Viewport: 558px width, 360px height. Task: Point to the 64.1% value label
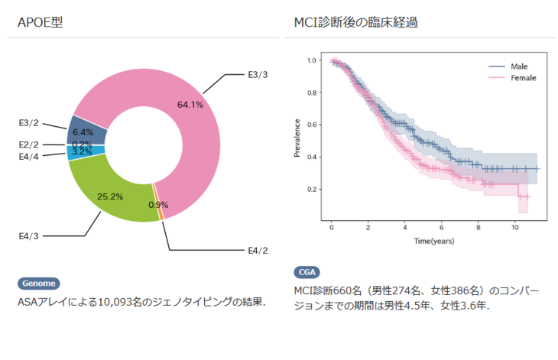190,105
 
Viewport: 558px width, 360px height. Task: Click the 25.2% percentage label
110,196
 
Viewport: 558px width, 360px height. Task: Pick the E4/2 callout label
258,250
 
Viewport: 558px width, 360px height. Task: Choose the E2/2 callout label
29,144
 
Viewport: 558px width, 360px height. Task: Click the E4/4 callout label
29,156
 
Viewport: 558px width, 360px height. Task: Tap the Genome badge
38,284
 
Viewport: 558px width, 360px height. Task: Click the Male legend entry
519,66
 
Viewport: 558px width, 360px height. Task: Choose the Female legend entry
523,78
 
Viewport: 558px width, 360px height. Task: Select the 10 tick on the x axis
515,228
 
